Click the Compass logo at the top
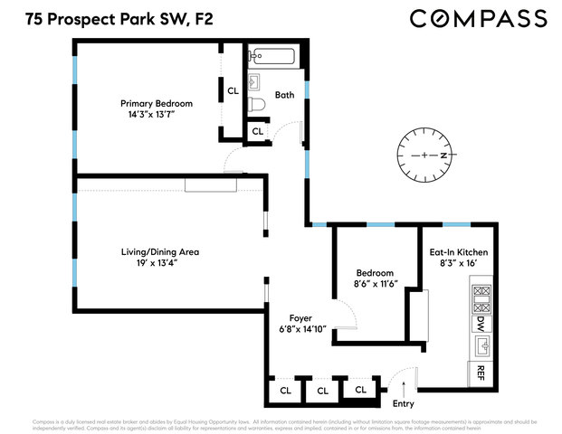coord(479,18)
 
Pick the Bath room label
coord(284,95)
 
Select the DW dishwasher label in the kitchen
coord(480,323)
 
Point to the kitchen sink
coord(480,344)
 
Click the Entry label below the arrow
coord(402,403)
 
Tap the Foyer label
coord(301,317)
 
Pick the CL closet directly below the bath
coord(258,131)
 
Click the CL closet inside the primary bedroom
coord(233,90)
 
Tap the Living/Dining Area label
coord(160,251)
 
